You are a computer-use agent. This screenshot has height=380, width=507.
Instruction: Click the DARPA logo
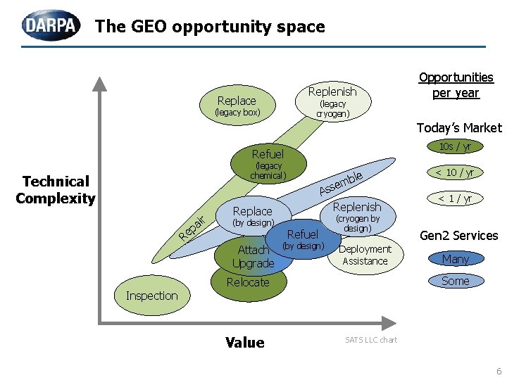point(51,26)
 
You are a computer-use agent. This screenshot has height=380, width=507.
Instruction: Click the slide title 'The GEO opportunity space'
point(210,27)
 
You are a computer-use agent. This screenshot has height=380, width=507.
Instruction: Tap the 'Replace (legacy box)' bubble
point(237,106)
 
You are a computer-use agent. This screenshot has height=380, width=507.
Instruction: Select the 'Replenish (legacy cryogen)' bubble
point(332,101)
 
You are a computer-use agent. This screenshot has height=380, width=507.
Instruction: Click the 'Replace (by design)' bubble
point(252,216)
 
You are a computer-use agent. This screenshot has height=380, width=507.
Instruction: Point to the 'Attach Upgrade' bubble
point(254,256)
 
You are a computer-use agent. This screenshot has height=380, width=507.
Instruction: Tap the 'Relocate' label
point(248,283)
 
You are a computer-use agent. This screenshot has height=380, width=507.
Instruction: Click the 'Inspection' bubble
point(151,296)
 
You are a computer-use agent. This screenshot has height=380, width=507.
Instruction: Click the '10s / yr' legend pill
point(455,146)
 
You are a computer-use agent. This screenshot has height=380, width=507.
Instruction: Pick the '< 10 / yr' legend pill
point(454,172)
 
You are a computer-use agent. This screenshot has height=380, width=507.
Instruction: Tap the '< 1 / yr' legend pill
point(454,198)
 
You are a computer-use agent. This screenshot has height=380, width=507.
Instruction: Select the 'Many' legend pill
point(455,260)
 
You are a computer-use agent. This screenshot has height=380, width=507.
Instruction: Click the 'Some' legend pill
point(455,281)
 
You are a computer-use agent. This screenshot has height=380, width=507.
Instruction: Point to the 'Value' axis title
point(245,343)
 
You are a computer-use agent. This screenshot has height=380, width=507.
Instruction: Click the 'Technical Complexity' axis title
point(56,190)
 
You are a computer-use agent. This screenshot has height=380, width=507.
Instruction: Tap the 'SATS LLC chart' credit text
point(371,340)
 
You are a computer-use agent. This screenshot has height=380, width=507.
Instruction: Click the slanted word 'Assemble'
point(341,183)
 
